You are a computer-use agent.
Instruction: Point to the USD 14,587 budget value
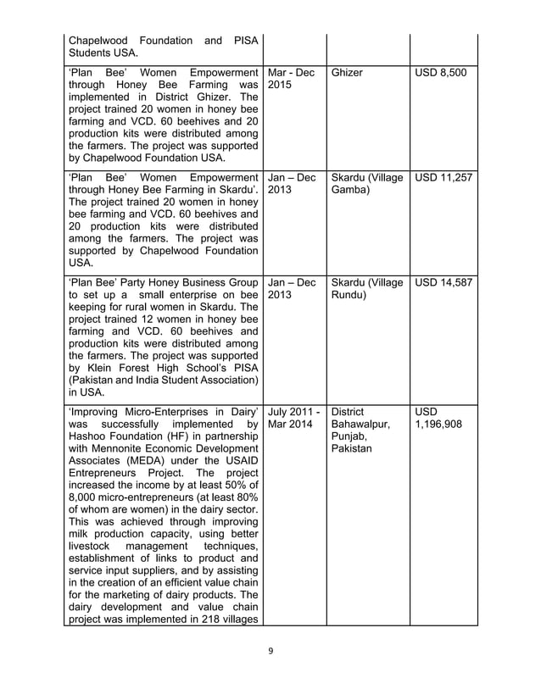pyautogui.click(x=443, y=282)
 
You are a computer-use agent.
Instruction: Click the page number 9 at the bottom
pyautogui.click(x=270, y=652)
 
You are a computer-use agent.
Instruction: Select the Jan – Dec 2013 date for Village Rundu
pyautogui.click(x=292, y=289)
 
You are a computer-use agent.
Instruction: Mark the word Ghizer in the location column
pyautogui.click(x=347, y=73)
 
